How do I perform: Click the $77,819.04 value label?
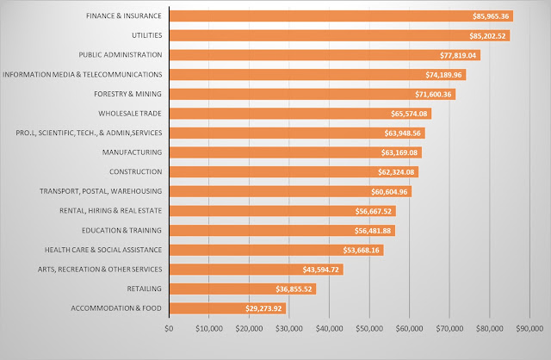point(459,55)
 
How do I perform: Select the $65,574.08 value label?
point(409,114)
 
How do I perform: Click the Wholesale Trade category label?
point(130,114)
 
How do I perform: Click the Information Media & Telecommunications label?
point(83,74)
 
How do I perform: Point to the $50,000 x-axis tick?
point(368,328)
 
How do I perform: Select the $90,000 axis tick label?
point(529,328)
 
